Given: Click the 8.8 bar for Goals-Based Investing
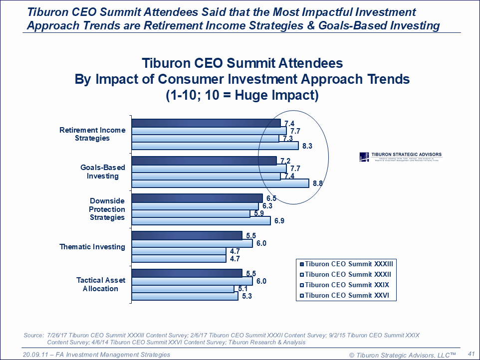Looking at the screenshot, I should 220,183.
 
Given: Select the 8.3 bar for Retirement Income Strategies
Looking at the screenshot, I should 215,146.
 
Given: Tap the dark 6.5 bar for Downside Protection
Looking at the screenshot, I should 197,198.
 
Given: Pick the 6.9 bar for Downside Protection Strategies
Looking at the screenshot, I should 201,220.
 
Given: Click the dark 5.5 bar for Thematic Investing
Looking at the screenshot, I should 187,235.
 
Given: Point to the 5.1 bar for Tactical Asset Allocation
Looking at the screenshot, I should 183,289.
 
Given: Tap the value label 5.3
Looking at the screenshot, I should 246,297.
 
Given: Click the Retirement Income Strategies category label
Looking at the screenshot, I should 92,134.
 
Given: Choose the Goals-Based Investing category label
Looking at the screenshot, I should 103,172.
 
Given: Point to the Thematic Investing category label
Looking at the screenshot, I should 92,247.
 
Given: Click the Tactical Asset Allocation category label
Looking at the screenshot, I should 97,284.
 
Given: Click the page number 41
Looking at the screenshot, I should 470,354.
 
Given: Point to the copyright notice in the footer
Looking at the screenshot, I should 403,355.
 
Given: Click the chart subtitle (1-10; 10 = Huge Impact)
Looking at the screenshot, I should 242,95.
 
